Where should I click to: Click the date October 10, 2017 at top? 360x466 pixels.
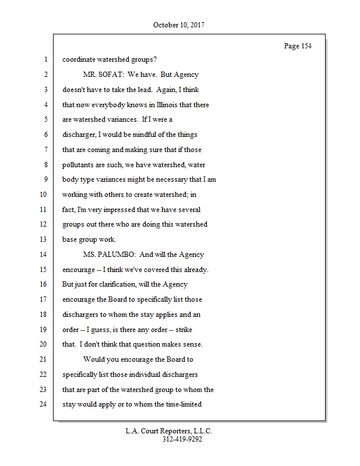tap(179, 25)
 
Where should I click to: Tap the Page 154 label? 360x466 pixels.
tap(297, 46)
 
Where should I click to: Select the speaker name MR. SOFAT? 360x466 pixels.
tap(103, 75)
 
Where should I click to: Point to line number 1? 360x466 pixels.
tap(45, 59)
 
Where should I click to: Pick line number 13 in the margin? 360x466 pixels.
tap(43, 239)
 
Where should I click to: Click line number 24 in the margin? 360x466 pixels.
tap(43, 404)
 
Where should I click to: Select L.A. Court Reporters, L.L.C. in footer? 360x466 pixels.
tap(169, 431)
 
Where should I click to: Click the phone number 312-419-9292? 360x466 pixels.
tap(182, 440)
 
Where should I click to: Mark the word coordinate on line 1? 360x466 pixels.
tap(80, 59)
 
